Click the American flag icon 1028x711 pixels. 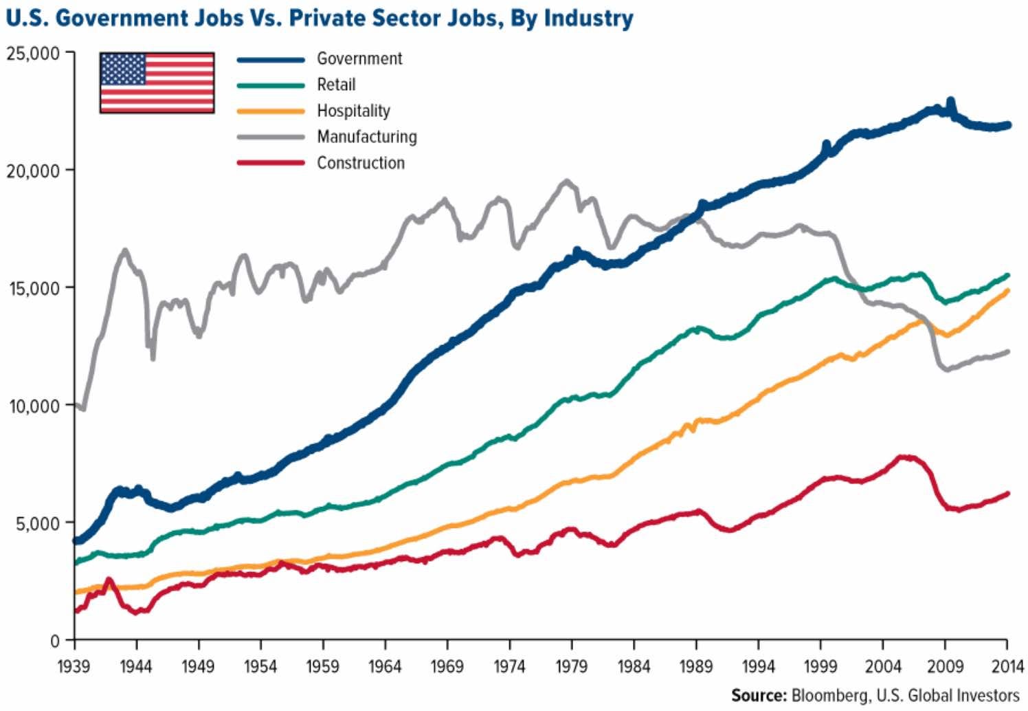[x=157, y=83]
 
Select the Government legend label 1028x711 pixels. [x=359, y=58]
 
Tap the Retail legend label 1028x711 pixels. [x=336, y=85]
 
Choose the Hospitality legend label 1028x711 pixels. [x=353, y=111]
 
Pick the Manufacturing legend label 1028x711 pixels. [x=367, y=137]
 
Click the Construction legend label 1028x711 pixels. [x=361, y=163]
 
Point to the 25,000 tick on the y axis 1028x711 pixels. [x=34, y=53]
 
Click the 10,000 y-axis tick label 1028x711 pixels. [x=34, y=406]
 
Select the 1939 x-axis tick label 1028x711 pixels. [x=74, y=666]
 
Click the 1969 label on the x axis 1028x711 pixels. [x=447, y=666]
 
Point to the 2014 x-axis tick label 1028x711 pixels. [x=1006, y=666]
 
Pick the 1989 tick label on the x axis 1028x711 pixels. [x=696, y=666]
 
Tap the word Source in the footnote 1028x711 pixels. [x=758, y=695]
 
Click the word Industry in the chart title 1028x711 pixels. [x=588, y=19]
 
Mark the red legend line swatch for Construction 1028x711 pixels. [x=271, y=163]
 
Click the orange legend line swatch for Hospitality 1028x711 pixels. [x=271, y=111]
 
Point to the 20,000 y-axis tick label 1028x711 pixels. [x=34, y=171]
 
